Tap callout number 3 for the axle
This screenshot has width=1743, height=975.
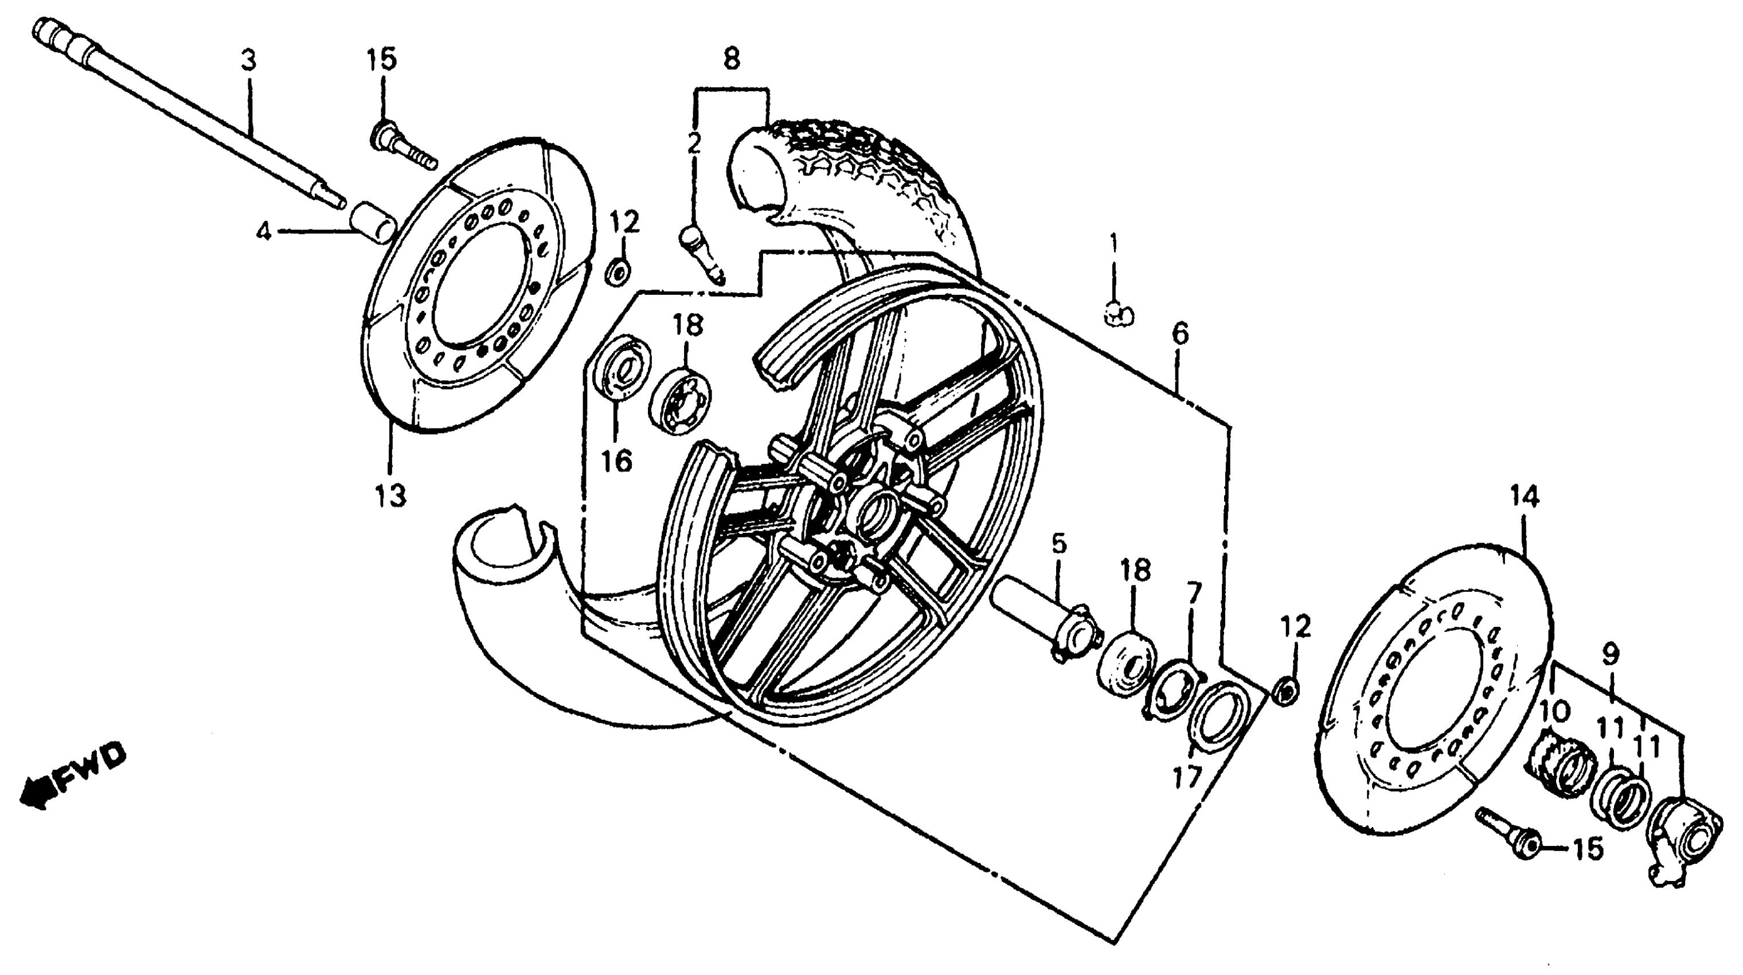(x=248, y=61)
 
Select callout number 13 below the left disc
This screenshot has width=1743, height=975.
(x=391, y=496)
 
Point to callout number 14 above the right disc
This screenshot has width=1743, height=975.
(x=1525, y=497)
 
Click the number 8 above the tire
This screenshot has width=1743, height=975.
(x=732, y=59)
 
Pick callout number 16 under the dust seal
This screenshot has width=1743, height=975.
(x=616, y=462)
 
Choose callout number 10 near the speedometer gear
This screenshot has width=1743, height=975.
(x=1554, y=711)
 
